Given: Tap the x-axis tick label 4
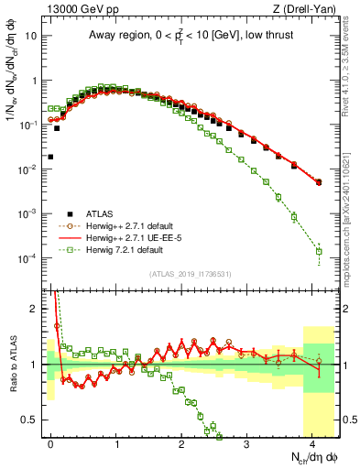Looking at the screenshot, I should [x=312, y=442].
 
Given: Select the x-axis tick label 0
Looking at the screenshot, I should [x=51, y=442].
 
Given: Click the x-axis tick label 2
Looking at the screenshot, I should [x=182, y=442].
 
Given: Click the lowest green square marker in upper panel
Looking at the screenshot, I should [x=319, y=251].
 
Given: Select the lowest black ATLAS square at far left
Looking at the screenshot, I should [x=50, y=157].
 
